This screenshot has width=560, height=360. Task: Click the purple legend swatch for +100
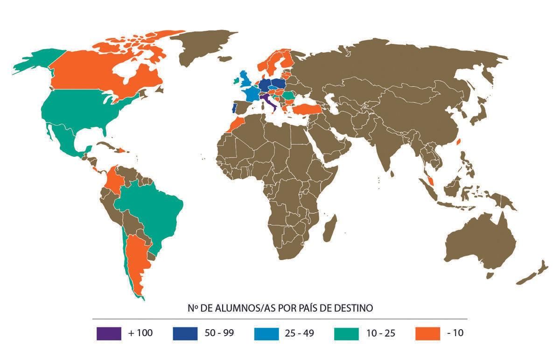(x=109, y=333)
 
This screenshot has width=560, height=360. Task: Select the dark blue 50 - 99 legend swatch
(x=185, y=333)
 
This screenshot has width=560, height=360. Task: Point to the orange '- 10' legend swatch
(x=427, y=333)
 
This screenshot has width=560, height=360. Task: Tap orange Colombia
(x=113, y=180)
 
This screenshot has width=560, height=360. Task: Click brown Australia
(x=481, y=243)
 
